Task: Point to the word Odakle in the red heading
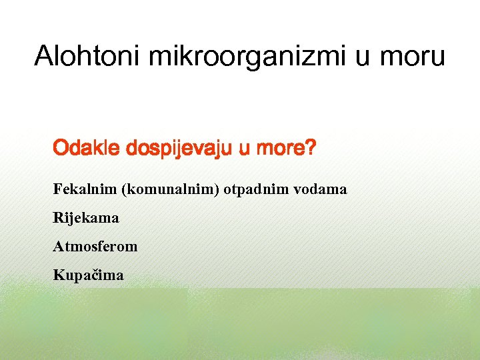point(85,147)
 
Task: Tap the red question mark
point(309,147)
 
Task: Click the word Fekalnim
point(85,189)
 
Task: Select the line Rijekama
point(86,218)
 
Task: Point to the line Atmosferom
point(95,247)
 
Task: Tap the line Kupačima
point(89,275)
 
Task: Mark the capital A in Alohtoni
point(45,57)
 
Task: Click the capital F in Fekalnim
point(57,189)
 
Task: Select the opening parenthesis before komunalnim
point(124,189)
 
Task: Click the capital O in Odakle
point(61,147)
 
